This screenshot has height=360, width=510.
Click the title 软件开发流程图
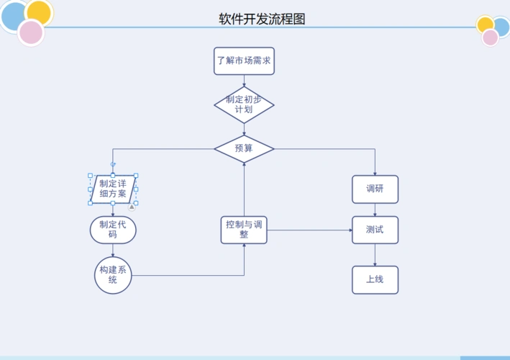pyautogui.click(x=262, y=19)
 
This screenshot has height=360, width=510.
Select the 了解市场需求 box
pyautogui.click(x=244, y=61)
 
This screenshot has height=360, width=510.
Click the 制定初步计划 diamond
pyautogui.click(x=244, y=105)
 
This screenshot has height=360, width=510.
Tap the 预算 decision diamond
pyautogui.click(x=244, y=149)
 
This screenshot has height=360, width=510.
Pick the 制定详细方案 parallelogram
pyautogui.click(x=113, y=189)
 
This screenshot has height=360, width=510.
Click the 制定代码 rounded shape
pyautogui.click(x=113, y=230)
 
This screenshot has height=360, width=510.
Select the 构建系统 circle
pyautogui.click(x=113, y=275)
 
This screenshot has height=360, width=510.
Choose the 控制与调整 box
pyautogui.click(x=244, y=230)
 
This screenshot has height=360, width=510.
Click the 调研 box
pyautogui.click(x=375, y=189)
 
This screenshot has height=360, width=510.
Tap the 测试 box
pyautogui.click(x=375, y=230)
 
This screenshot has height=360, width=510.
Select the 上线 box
pyautogui.click(x=375, y=279)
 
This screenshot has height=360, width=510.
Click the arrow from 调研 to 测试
pyautogui.click(x=375, y=210)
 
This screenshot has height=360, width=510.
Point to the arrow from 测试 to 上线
pyautogui.click(x=375, y=255)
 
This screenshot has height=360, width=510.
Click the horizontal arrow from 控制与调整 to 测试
pyautogui.click(x=309, y=230)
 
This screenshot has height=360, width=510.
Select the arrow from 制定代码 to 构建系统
pyautogui.click(x=113, y=250)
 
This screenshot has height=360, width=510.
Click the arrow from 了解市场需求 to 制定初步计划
pyautogui.click(x=244, y=81)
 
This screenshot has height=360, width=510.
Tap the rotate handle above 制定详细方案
pyautogui.click(x=113, y=165)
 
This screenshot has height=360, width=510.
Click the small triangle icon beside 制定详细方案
pyautogui.click(x=132, y=207)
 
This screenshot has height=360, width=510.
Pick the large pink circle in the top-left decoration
pyautogui.click(x=31, y=32)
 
